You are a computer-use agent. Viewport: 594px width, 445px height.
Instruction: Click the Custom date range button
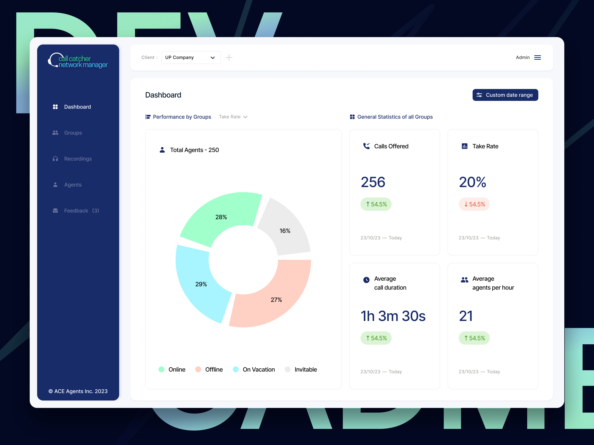[505, 95]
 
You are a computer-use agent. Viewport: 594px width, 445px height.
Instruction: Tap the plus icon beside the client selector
[229, 57]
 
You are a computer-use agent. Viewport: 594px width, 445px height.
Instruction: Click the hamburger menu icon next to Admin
[537, 57]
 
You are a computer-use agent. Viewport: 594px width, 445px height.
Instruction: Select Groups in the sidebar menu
[73, 133]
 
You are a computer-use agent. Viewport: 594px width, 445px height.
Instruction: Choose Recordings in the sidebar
[78, 159]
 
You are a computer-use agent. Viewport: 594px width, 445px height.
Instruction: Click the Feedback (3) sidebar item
[81, 211]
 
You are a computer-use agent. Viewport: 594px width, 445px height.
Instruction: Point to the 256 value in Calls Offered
[373, 182]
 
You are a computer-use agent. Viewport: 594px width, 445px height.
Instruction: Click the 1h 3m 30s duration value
[393, 316]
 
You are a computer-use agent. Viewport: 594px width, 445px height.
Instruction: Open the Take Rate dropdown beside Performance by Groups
[233, 117]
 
